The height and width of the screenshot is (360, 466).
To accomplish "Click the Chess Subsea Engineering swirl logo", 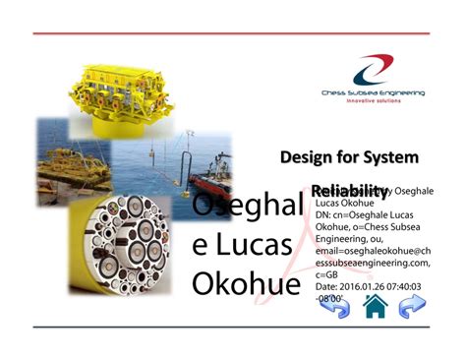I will click(373, 69).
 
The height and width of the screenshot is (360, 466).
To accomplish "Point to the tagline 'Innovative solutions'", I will click(373, 102).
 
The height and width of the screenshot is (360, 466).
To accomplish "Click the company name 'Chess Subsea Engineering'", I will click(373, 93).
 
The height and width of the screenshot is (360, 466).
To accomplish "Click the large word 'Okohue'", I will click(246, 283).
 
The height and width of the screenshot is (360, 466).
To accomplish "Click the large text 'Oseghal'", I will click(245, 207).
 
